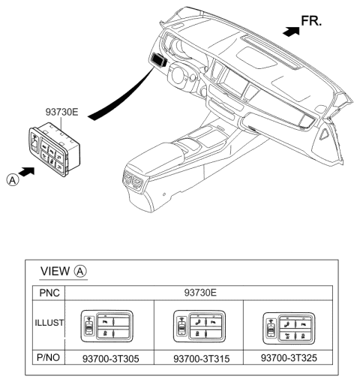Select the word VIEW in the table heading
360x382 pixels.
pyautogui.click(x=55, y=272)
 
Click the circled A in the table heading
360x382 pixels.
pyautogui.click(x=82, y=272)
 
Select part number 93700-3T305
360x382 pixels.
pyautogui.click(x=109, y=358)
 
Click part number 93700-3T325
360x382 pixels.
pyautogui.click(x=289, y=358)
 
